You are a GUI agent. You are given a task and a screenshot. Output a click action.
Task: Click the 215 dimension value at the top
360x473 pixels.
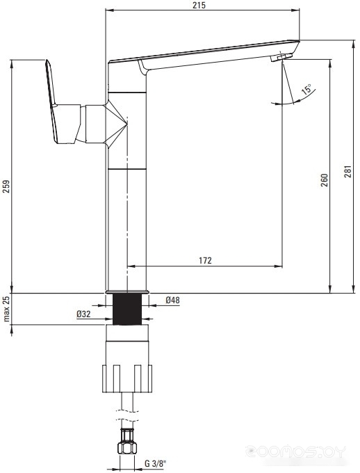(x=199, y=5)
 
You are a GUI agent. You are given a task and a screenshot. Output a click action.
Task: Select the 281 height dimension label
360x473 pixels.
(x=348, y=171)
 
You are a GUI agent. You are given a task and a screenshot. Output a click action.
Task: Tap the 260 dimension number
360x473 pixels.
(x=324, y=180)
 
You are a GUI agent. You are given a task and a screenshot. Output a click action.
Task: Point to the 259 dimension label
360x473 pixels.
(x=6, y=186)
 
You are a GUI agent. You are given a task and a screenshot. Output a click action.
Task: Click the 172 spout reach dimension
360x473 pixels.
(x=205, y=260)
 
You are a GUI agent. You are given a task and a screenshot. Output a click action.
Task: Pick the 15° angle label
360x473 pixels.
(x=307, y=89)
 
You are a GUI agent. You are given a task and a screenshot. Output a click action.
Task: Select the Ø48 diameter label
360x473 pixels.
(x=173, y=300)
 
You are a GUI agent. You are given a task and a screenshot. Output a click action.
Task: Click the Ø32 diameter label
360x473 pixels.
(x=83, y=314)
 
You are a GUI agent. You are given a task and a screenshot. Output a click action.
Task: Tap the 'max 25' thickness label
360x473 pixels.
(x=6, y=309)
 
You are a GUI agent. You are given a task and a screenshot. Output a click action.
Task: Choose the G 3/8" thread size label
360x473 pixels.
(x=155, y=463)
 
